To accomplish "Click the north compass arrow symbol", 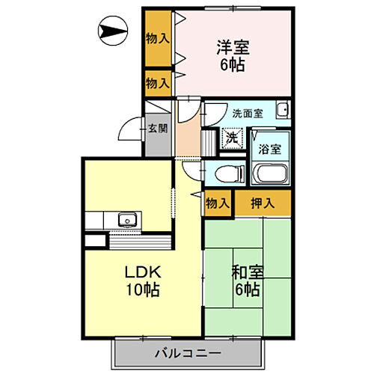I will click(x=115, y=31).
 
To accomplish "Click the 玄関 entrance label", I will click(x=158, y=127).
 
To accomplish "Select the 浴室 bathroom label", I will click(x=270, y=148).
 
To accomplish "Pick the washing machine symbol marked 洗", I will click(x=232, y=138).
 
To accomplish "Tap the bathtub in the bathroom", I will click(x=271, y=175).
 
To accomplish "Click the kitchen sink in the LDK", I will click(x=126, y=221).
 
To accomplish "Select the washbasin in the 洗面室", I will click(x=281, y=113).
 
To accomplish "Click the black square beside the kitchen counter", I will click(x=96, y=242).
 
